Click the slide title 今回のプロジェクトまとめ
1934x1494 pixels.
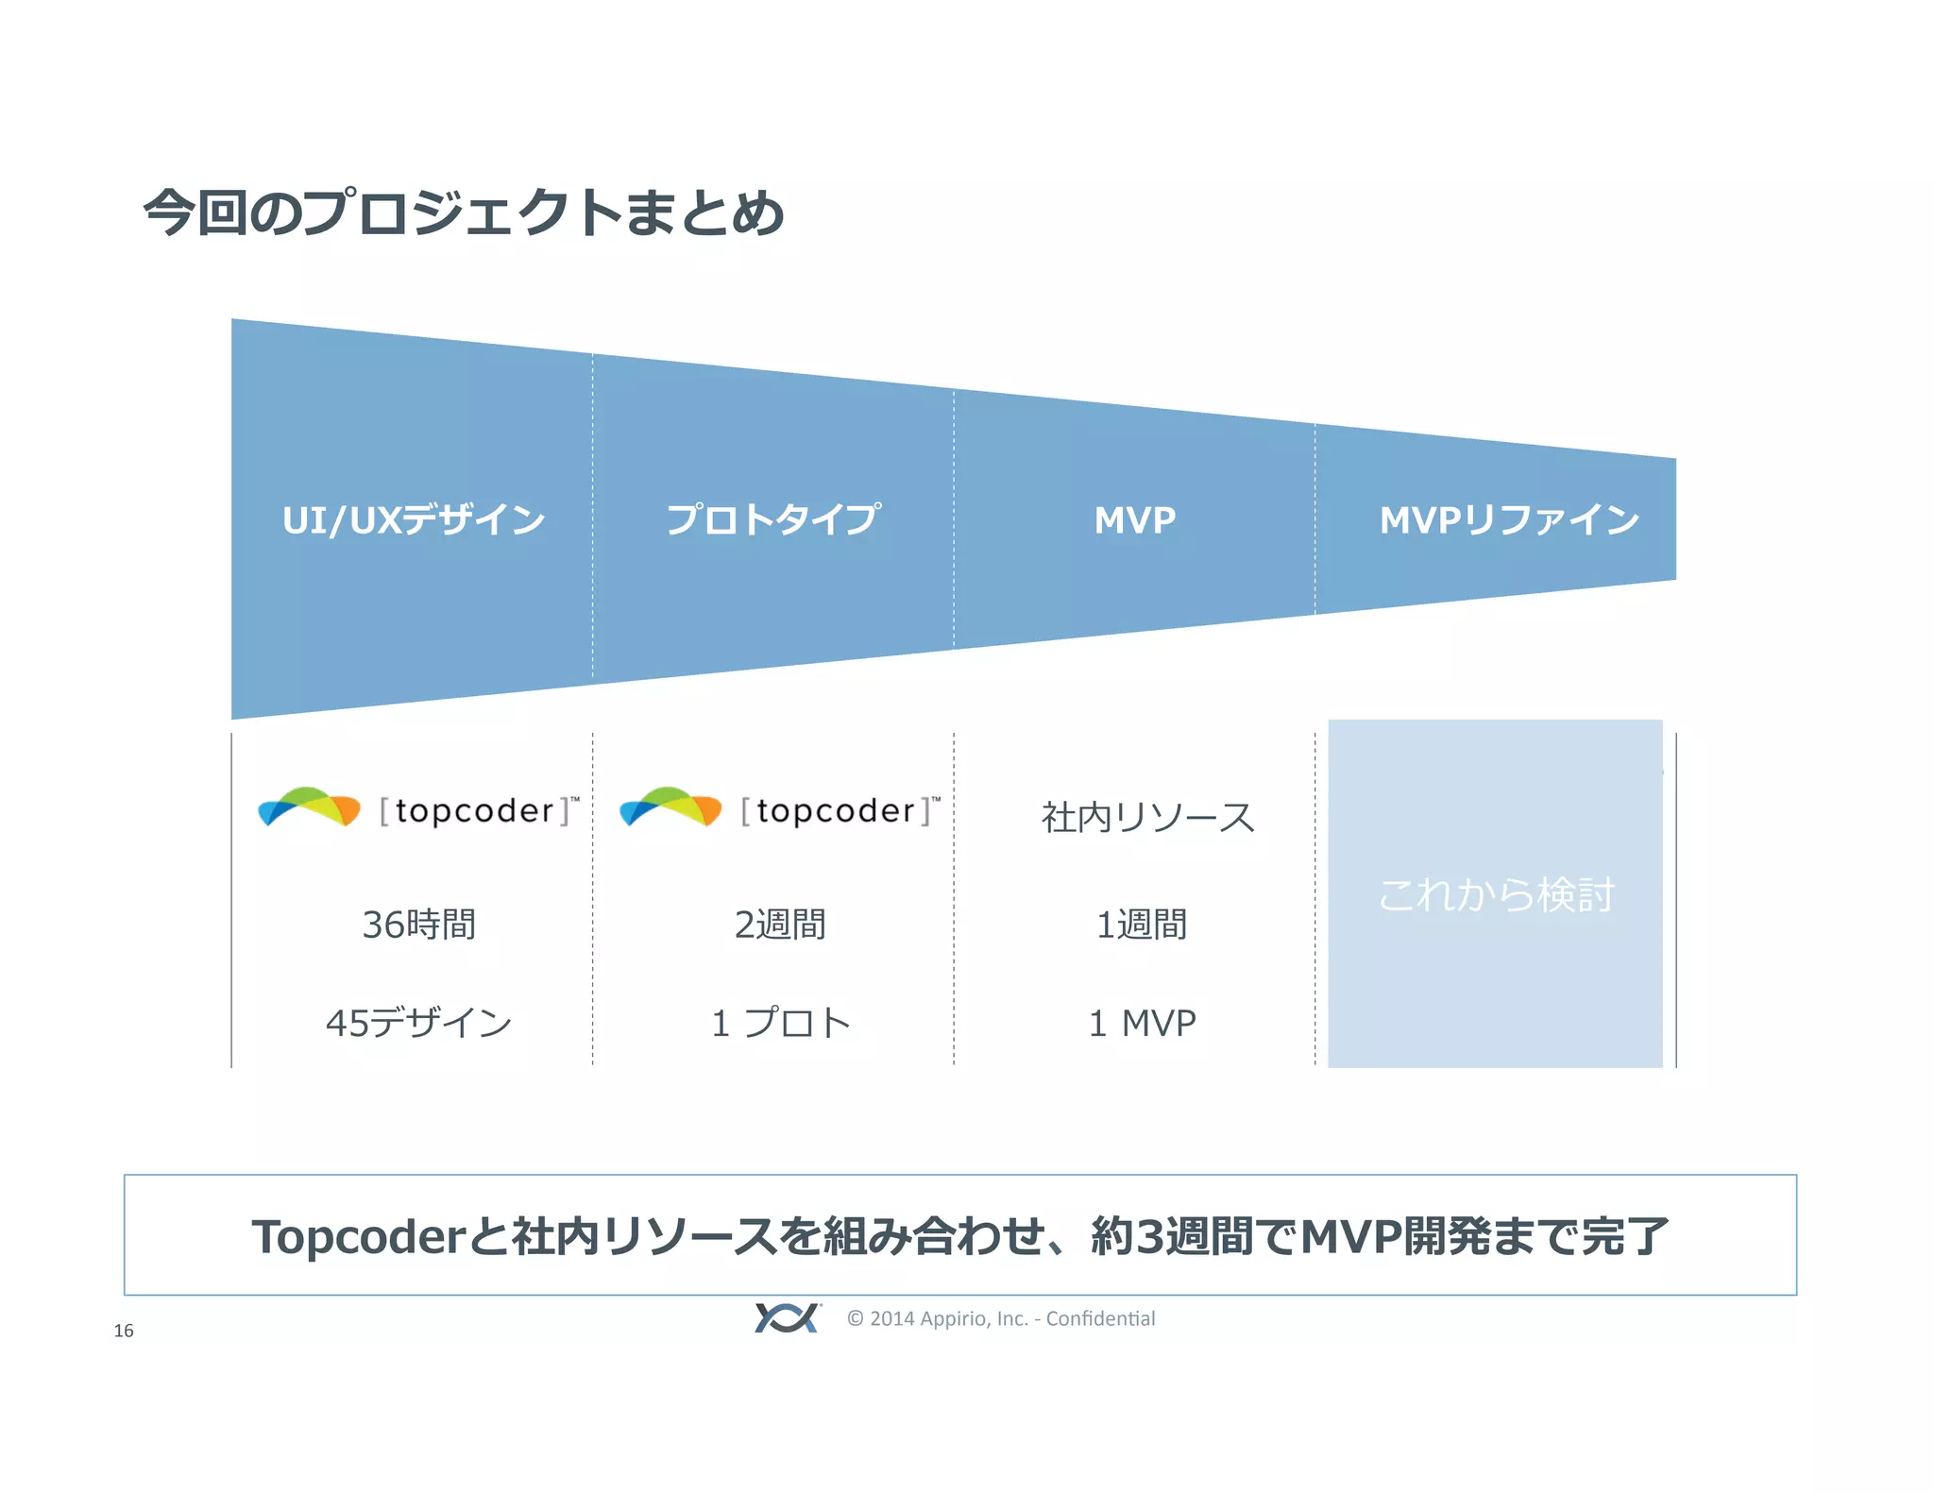463,212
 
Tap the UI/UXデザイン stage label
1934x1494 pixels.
414,520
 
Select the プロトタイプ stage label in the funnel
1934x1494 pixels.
773,519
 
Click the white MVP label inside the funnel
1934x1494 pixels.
1135,520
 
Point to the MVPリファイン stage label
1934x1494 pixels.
1509,520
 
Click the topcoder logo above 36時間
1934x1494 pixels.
418,809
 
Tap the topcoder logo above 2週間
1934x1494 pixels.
780,809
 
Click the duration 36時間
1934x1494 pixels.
419,925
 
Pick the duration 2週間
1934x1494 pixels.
780,925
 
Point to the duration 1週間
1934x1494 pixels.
1142,925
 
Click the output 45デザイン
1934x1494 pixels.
418,1023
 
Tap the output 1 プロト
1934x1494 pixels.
781,1023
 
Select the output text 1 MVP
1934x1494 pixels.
1143,1023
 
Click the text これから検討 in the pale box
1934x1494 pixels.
1496,894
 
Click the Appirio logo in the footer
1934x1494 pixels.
787,1317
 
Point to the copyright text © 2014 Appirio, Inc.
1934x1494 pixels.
1001,1318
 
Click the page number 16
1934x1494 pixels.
124,1331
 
